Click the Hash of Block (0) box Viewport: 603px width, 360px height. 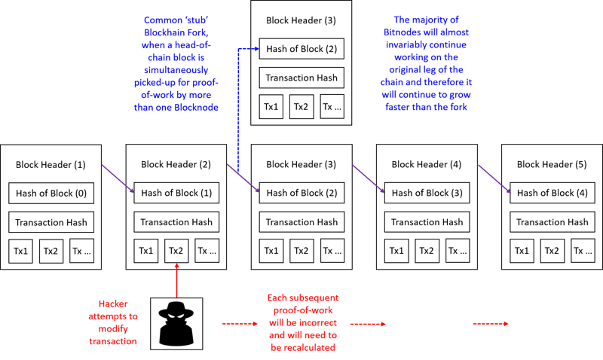pyautogui.click(x=51, y=194)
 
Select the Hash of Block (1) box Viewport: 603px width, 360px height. pyautogui.click(x=176, y=193)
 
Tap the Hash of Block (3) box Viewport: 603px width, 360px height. pyautogui.click(x=427, y=193)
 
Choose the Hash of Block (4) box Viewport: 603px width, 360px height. pyautogui.click(x=552, y=193)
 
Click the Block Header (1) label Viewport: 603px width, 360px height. pyautogui.click(x=51, y=165)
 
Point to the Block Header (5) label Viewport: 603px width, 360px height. pyautogui.click(x=552, y=164)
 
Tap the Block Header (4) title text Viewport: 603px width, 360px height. pyautogui.click(x=427, y=164)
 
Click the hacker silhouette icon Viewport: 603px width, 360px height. pyautogui.click(x=176, y=324)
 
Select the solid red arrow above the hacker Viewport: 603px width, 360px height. pyautogui.click(x=177, y=280)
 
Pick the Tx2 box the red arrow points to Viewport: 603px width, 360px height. pyautogui.click(x=176, y=251)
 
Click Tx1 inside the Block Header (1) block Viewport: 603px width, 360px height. pyautogui.click(x=21, y=252)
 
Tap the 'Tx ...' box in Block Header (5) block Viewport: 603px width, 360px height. pyautogui.click(x=583, y=251)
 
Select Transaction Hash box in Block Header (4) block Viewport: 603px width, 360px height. pyautogui.click(x=427, y=222)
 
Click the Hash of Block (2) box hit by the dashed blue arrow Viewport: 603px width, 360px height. pyautogui.click(x=301, y=49)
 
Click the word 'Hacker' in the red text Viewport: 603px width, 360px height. pyautogui.click(x=113, y=304)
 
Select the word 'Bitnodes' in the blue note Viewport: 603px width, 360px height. pyautogui.click(x=403, y=32)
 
